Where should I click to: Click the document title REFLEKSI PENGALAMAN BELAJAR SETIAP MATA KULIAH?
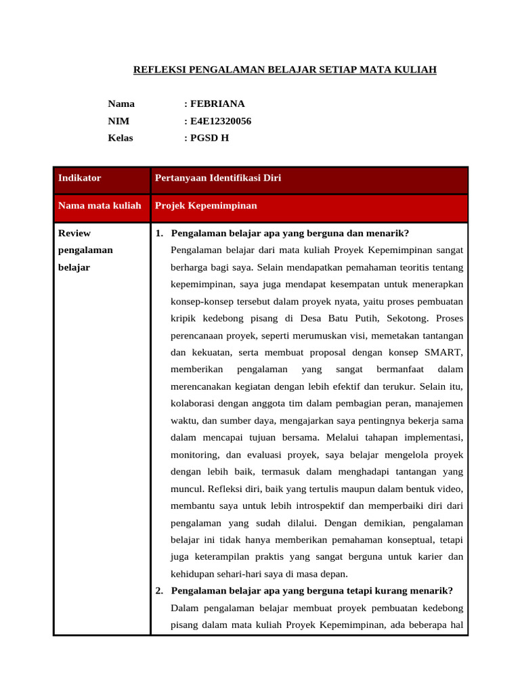pyautogui.click(x=284, y=70)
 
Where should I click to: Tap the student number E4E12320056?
pyautogui.click(x=220, y=121)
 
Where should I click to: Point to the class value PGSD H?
pyautogui.click(x=209, y=138)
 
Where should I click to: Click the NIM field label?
pyautogui.click(x=118, y=121)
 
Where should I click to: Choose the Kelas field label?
pyautogui.click(x=121, y=138)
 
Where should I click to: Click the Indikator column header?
pyautogui.click(x=80, y=178)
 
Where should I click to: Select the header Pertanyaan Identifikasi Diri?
pyautogui.click(x=218, y=178)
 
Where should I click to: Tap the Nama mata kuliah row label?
pyautogui.click(x=100, y=205)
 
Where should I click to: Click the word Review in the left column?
pyautogui.click(x=74, y=233)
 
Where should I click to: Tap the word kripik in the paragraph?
pyautogui.click(x=184, y=318)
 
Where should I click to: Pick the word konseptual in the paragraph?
pyautogui.click(x=410, y=539)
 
